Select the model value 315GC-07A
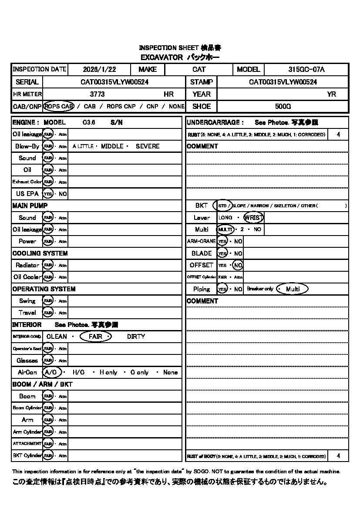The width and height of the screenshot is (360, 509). (306, 70)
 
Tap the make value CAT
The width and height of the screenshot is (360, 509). (199, 70)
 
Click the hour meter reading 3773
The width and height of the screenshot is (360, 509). (97, 94)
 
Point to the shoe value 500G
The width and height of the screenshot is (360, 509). (283, 106)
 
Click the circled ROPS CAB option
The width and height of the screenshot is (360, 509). (59, 106)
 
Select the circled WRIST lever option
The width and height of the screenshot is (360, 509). (254, 218)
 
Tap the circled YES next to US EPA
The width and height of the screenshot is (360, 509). (47, 194)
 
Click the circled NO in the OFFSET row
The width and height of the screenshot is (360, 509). (238, 265)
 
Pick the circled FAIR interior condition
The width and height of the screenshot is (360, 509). (96, 337)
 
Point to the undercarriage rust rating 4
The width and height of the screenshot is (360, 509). (339, 135)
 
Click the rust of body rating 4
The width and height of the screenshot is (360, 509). (339, 456)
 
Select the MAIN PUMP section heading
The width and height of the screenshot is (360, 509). (30, 206)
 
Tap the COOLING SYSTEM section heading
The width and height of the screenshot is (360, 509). (40, 253)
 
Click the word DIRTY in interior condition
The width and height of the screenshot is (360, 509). (136, 337)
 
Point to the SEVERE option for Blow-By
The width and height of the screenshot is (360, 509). (148, 146)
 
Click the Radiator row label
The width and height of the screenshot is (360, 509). (27, 265)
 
